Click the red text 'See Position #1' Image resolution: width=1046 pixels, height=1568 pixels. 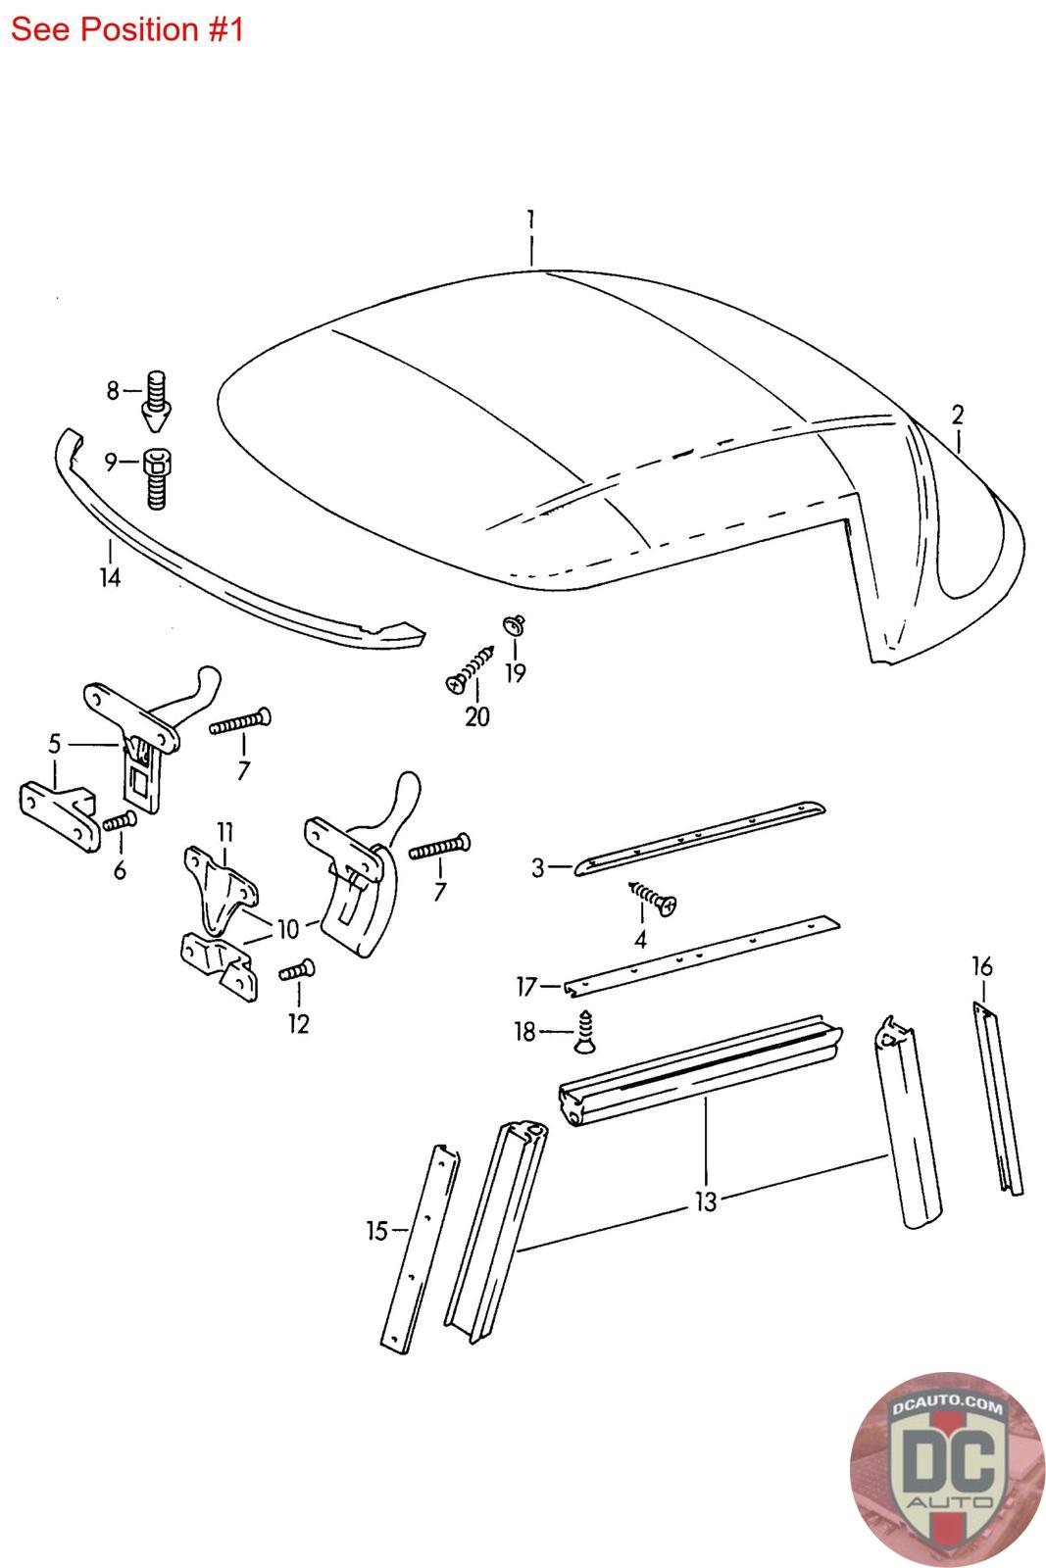pyautogui.click(x=126, y=29)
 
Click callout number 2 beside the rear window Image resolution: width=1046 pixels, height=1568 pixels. pyautogui.click(x=958, y=415)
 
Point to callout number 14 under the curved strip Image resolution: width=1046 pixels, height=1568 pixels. pyautogui.click(x=110, y=577)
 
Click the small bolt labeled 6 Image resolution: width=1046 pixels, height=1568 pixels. pyautogui.click(x=119, y=821)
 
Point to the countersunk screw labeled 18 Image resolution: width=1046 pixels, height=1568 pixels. pyautogui.click(x=585, y=1034)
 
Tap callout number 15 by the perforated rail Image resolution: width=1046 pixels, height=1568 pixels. pyautogui.click(x=376, y=1230)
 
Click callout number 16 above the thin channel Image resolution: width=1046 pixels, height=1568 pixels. pyautogui.click(x=981, y=967)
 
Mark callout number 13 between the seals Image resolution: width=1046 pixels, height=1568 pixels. pyautogui.click(x=706, y=1201)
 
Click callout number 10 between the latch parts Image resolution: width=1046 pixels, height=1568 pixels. pyautogui.click(x=287, y=927)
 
